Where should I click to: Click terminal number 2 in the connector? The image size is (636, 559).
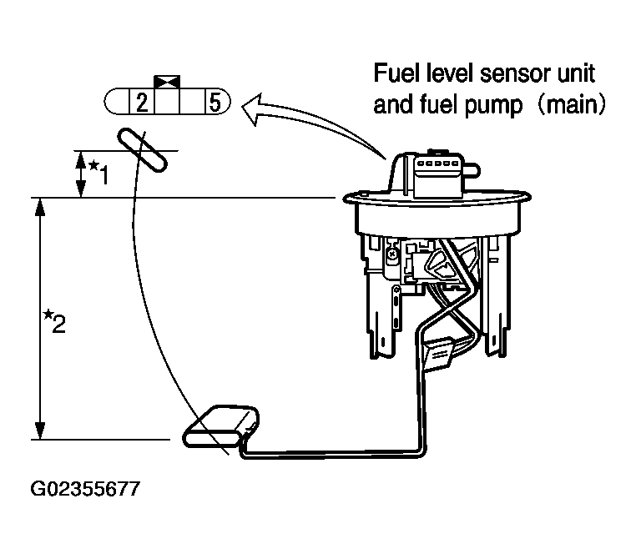pyautogui.click(x=142, y=103)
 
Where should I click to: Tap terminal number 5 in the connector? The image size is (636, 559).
pyautogui.click(x=215, y=102)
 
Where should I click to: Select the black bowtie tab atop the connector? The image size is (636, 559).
pyautogui.click(x=167, y=81)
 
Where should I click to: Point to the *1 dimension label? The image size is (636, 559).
pyautogui.click(x=99, y=172)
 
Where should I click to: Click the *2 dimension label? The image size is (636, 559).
pyautogui.click(x=55, y=321)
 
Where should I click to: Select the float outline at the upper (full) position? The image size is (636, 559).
pyautogui.click(x=142, y=150)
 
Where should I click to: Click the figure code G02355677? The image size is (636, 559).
pyautogui.click(x=85, y=489)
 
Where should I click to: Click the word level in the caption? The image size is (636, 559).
pyautogui.click(x=451, y=73)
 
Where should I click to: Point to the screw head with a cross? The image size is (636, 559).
pyautogui.click(x=391, y=254)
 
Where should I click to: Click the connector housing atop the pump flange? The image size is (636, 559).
pyautogui.click(x=437, y=174)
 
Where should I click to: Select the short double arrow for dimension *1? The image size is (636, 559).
pyautogui.click(x=81, y=174)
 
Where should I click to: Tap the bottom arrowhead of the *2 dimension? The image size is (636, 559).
pyautogui.click(x=40, y=431)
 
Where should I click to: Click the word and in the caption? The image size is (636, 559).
pyautogui.click(x=391, y=104)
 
